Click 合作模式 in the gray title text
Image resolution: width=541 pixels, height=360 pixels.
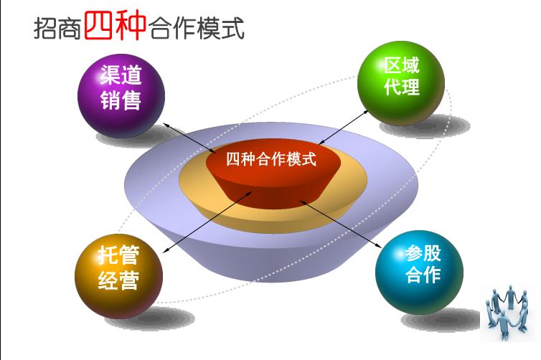coord(197,28)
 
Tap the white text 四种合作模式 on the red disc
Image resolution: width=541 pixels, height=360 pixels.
coord(270,158)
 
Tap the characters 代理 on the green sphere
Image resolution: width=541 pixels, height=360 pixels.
coord(401,90)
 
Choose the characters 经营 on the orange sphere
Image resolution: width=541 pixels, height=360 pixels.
coord(118,280)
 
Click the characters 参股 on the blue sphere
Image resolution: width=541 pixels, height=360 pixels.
coord(423,254)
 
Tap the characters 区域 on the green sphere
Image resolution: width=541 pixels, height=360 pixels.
coord(401,67)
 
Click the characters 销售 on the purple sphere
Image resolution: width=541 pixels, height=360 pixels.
coord(121,100)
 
